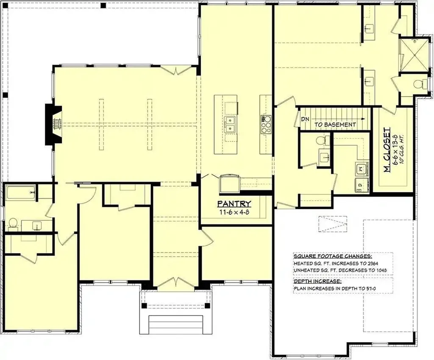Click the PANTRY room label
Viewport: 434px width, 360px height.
[234, 204]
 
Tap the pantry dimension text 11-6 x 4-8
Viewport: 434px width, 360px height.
[234, 212]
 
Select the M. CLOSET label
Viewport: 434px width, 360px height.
[387, 150]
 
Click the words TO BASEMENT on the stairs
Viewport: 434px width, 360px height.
[335, 125]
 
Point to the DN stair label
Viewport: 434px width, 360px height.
[305, 119]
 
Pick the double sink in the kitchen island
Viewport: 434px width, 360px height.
[230, 125]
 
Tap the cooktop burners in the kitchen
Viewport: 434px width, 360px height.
[266, 125]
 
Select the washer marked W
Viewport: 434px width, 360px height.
[362, 169]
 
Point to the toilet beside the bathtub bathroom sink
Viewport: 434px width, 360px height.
[13, 223]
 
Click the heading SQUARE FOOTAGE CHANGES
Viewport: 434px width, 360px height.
[333, 256]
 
